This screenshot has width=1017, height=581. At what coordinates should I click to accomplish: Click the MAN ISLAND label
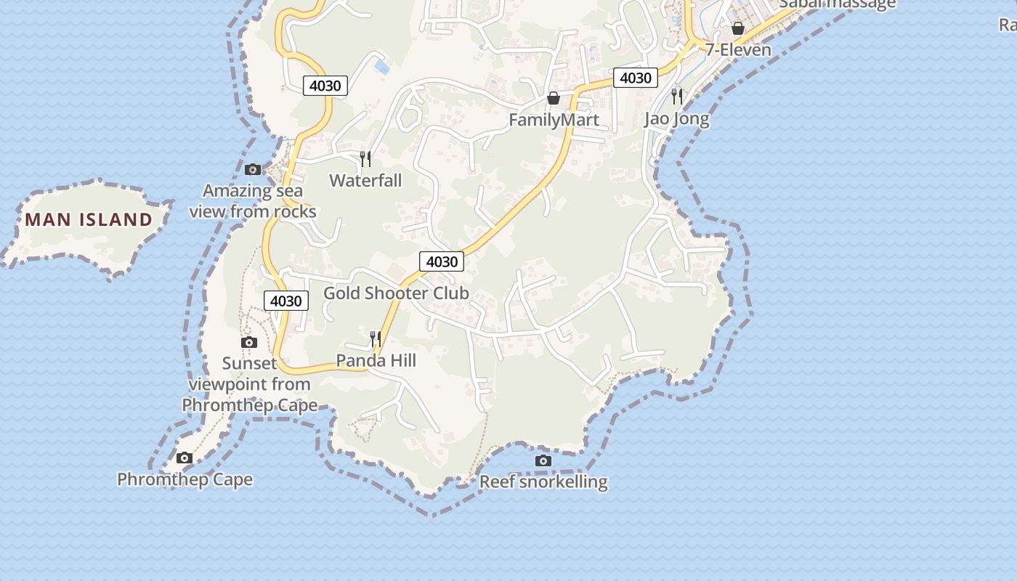click(x=89, y=219)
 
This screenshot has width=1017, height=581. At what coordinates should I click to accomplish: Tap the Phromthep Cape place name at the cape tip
click(x=185, y=479)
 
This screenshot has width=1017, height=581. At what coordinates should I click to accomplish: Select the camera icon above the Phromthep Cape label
click(x=185, y=458)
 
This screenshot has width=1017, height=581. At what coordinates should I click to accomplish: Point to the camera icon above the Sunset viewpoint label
click(x=249, y=342)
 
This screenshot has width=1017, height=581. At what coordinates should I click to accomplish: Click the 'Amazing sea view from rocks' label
click(x=252, y=201)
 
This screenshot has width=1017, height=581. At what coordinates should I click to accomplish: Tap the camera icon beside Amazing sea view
click(x=253, y=170)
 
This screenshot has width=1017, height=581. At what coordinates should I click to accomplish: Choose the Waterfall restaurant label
click(x=365, y=180)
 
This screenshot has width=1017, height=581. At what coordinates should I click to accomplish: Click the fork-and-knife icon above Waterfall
click(x=365, y=158)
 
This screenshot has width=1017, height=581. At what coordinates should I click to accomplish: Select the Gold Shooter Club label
click(x=396, y=293)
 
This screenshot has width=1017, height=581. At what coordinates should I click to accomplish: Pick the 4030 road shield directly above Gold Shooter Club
click(x=442, y=261)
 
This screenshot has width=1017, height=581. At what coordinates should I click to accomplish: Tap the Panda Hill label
click(x=376, y=360)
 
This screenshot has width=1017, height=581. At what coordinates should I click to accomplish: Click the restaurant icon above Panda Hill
click(x=376, y=338)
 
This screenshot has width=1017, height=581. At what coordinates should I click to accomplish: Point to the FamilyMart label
click(x=554, y=120)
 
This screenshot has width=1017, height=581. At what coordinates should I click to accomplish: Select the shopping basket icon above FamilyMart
click(x=554, y=98)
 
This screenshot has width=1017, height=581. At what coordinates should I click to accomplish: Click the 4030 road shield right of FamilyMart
click(x=636, y=78)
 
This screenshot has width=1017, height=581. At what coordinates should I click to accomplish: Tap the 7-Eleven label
click(x=738, y=50)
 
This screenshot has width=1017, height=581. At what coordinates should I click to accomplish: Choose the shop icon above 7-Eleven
click(x=738, y=28)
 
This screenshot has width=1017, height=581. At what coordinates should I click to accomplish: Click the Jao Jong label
click(x=676, y=118)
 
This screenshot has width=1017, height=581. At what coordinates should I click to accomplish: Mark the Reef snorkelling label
click(x=543, y=482)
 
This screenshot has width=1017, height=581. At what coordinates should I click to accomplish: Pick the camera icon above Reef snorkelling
click(x=543, y=460)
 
